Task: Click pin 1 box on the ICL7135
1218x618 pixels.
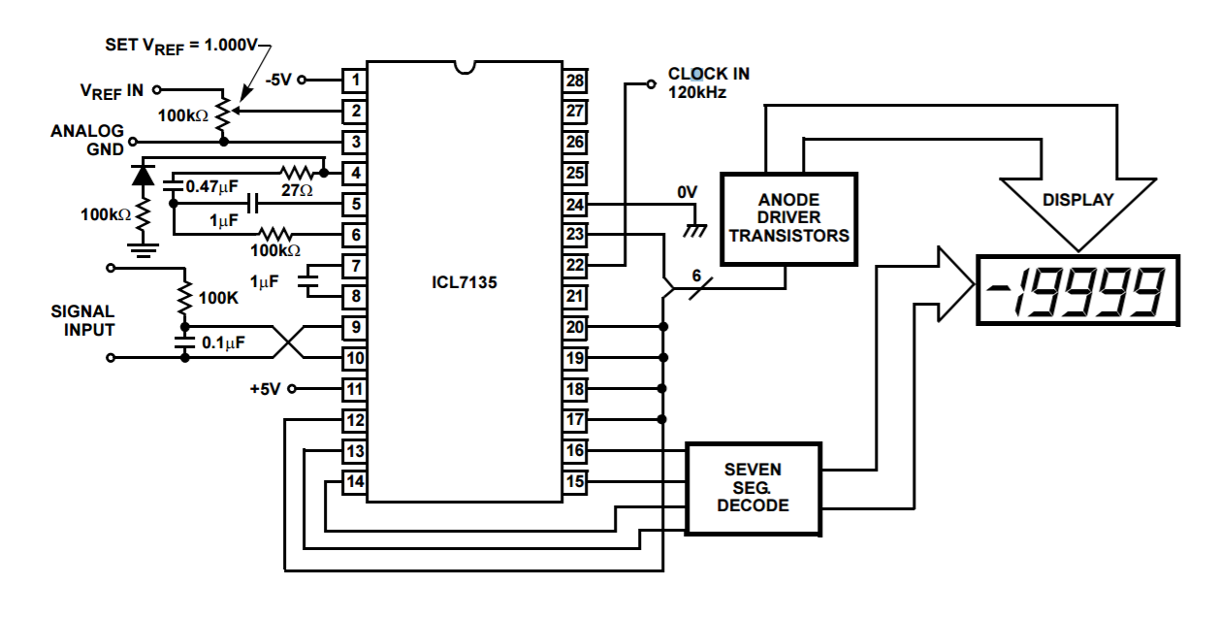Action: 355,81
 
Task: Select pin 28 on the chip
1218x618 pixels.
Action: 575,81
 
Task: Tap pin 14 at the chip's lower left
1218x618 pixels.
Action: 355,482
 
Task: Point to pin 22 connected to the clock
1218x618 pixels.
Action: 575,266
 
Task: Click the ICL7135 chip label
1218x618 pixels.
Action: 465,282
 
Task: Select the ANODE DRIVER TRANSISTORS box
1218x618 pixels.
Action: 789,218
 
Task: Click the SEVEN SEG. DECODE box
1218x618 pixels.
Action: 753,489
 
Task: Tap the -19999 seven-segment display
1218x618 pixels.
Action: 1077,290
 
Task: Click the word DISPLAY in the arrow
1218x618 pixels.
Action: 1078,200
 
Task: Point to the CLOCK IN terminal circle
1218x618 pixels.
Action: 652,83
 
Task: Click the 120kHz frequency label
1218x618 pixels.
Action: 697,92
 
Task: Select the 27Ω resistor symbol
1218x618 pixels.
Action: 297,173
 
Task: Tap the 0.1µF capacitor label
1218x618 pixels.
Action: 223,342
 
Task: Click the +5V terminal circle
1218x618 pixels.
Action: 292,388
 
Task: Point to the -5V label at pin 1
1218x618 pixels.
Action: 279,80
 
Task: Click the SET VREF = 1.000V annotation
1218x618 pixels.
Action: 181,47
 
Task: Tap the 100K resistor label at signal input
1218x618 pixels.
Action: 218,298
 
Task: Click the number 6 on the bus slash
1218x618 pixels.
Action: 696,276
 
